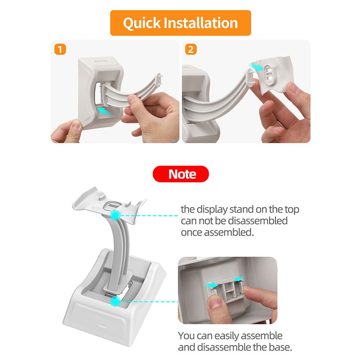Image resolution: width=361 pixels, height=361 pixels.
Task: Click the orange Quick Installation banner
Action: pos(180,23)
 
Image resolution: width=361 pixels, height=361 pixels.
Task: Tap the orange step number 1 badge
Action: pos(60,49)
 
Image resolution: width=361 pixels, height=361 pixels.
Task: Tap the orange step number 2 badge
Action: pos(191,49)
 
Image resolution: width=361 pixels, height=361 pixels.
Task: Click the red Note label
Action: pos(181,174)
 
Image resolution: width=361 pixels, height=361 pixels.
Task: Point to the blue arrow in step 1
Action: pos(104,111)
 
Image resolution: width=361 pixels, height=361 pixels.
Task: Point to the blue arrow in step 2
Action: pos(255,67)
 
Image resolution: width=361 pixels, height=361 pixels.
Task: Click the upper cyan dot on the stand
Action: pos(115,215)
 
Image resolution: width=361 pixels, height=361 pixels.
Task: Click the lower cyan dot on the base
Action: pos(115,302)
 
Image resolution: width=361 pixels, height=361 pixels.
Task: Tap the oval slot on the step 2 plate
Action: pos(269,73)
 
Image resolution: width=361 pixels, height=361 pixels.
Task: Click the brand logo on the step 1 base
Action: pos(101,61)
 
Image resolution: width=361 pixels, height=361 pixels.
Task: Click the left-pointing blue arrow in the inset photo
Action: pos(239,279)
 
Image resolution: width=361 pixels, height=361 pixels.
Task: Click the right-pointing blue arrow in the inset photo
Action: pos(212,285)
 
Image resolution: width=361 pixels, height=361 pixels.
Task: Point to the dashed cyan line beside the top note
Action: pos(149,216)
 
